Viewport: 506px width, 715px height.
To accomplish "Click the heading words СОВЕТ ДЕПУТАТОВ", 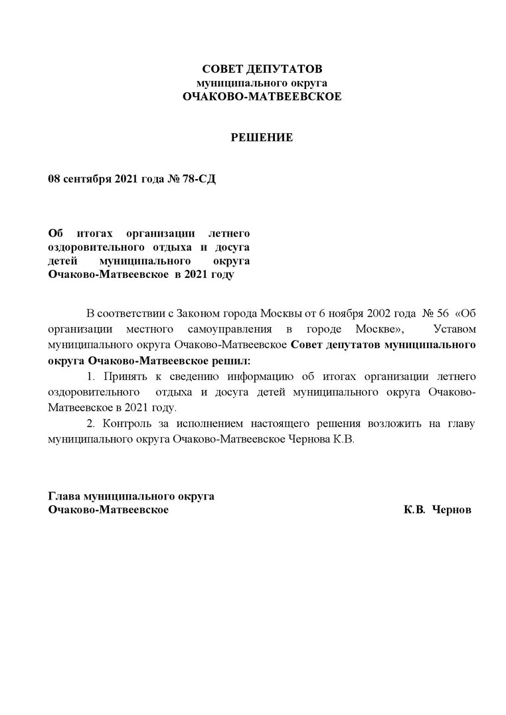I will tap(262, 69).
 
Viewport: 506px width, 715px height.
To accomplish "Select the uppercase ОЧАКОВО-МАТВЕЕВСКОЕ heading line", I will tap(262, 97).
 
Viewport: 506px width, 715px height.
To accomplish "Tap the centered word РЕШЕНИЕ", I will tap(262, 138).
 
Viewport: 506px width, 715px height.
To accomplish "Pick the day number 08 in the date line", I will tap(55, 180).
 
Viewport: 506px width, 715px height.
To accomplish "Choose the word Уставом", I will tap(455, 329).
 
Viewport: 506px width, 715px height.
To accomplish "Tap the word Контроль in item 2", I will tap(124, 424).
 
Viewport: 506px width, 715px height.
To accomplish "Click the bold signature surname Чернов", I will tap(452, 510).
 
